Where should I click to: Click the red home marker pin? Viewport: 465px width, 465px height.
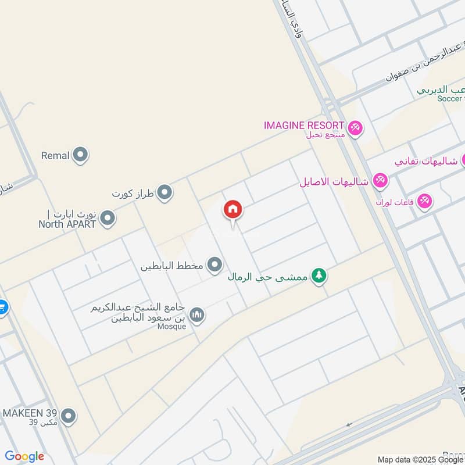(233, 210)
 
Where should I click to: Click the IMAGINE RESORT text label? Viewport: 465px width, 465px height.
(304, 126)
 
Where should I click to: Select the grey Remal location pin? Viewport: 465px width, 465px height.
(81, 155)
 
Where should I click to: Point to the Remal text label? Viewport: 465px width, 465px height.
(55, 156)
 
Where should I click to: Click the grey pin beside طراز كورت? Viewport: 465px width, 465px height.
(165, 192)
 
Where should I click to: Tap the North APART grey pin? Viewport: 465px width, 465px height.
(108, 219)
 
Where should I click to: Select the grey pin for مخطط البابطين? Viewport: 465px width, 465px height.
(215, 266)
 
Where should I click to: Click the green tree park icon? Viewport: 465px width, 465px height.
(317, 277)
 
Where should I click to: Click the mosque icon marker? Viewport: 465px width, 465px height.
(198, 314)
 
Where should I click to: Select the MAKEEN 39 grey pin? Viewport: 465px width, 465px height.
(69, 416)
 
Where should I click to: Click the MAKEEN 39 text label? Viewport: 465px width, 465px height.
(30, 413)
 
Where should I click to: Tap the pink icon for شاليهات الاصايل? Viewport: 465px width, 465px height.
(380, 181)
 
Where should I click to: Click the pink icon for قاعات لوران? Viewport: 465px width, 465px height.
(424, 201)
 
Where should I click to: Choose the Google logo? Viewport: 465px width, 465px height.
(24, 456)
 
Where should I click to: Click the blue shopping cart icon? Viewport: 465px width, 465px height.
(2, 306)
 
